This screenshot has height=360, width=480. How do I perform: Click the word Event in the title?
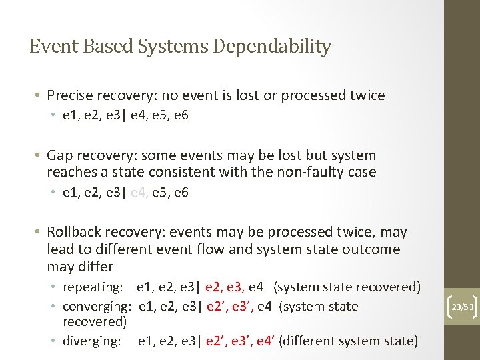pos(50,47)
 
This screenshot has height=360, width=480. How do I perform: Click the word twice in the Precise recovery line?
pos(367,95)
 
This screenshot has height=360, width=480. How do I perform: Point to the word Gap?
pos(59,155)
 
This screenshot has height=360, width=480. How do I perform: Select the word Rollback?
pos(74,232)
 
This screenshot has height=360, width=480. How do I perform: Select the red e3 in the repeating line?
pos(235,287)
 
